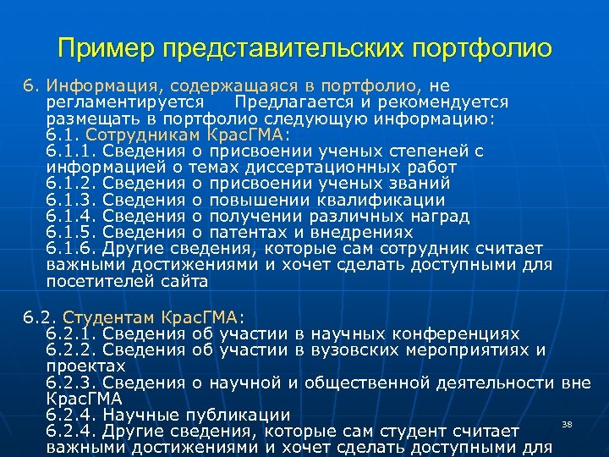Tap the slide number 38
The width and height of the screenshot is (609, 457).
[x=568, y=423]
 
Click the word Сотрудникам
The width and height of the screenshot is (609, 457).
[x=156, y=135]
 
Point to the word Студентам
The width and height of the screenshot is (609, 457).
[x=108, y=318]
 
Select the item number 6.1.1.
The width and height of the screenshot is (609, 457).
[x=72, y=151]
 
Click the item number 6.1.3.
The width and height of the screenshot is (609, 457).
[x=72, y=200]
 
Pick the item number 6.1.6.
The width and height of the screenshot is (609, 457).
[x=72, y=248]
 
